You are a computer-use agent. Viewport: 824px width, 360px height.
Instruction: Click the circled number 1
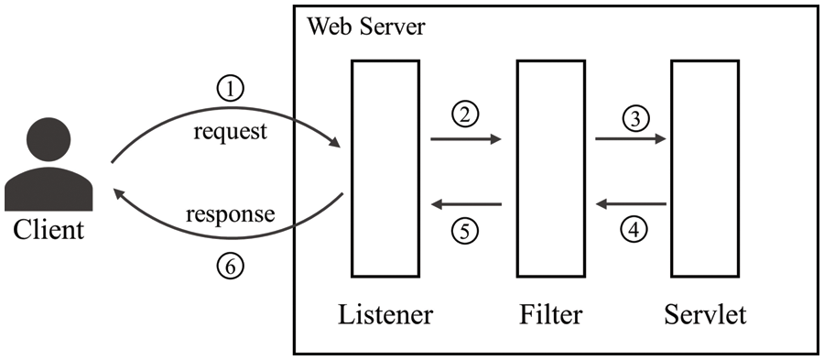click(x=231, y=88)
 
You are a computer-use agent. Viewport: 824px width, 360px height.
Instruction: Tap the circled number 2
click(x=466, y=115)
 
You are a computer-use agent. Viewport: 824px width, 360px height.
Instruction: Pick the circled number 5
click(x=466, y=231)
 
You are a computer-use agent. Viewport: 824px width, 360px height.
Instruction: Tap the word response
click(x=230, y=215)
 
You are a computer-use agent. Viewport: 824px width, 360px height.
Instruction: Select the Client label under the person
click(x=49, y=229)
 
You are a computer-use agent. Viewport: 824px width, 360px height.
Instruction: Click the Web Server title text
click(x=365, y=26)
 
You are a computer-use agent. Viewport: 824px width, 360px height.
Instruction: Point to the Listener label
click(x=385, y=316)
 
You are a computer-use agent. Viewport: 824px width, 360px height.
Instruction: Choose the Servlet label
click(x=704, y=316)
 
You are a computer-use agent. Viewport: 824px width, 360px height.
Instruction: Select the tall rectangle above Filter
click(x=549, y=168)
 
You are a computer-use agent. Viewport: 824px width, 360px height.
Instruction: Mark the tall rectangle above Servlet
click(x=702, y=168)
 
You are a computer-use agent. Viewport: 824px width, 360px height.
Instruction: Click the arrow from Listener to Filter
click(x=466, y=139)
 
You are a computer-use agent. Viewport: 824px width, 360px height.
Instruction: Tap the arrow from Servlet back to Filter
click(x=631, y=204)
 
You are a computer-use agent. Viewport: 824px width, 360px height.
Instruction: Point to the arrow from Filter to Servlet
click(x=631, y=139)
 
